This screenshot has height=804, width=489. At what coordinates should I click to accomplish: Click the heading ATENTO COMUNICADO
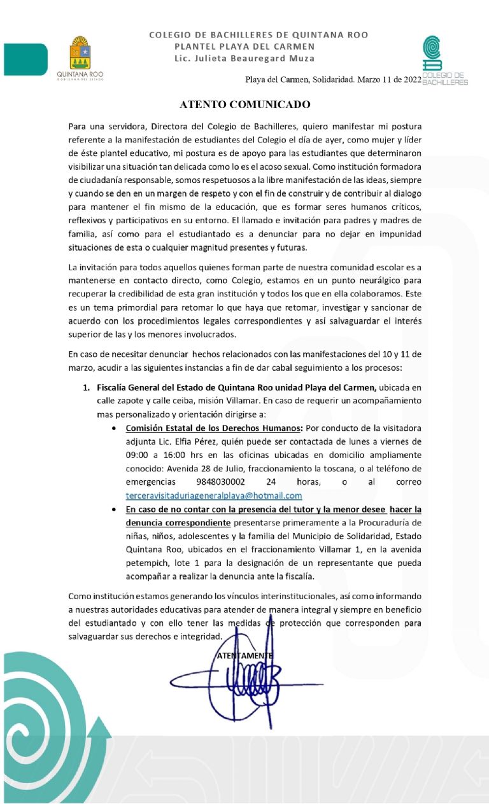pyautogui.click(x=244, y=104)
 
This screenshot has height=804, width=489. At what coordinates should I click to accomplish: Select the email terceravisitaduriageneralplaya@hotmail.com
pyautogui.click(x=214, y=496)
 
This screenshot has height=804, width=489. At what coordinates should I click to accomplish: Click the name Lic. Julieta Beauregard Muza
pyautogui.click(x=244, y=59)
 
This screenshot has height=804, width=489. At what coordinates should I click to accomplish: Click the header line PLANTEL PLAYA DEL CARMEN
pyautogui.click(x=244, y=46)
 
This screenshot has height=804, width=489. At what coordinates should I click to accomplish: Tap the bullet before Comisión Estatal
pyautogui.click(x=113, y=428)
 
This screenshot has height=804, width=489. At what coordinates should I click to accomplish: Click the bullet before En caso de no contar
pyautogui.click(x=113, y=509)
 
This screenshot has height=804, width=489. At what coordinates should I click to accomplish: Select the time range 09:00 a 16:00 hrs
pyautogui.click(x=163, y=455)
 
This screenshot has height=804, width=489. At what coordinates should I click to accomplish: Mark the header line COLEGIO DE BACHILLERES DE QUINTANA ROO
pyautogui.click(x=259, y=35)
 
